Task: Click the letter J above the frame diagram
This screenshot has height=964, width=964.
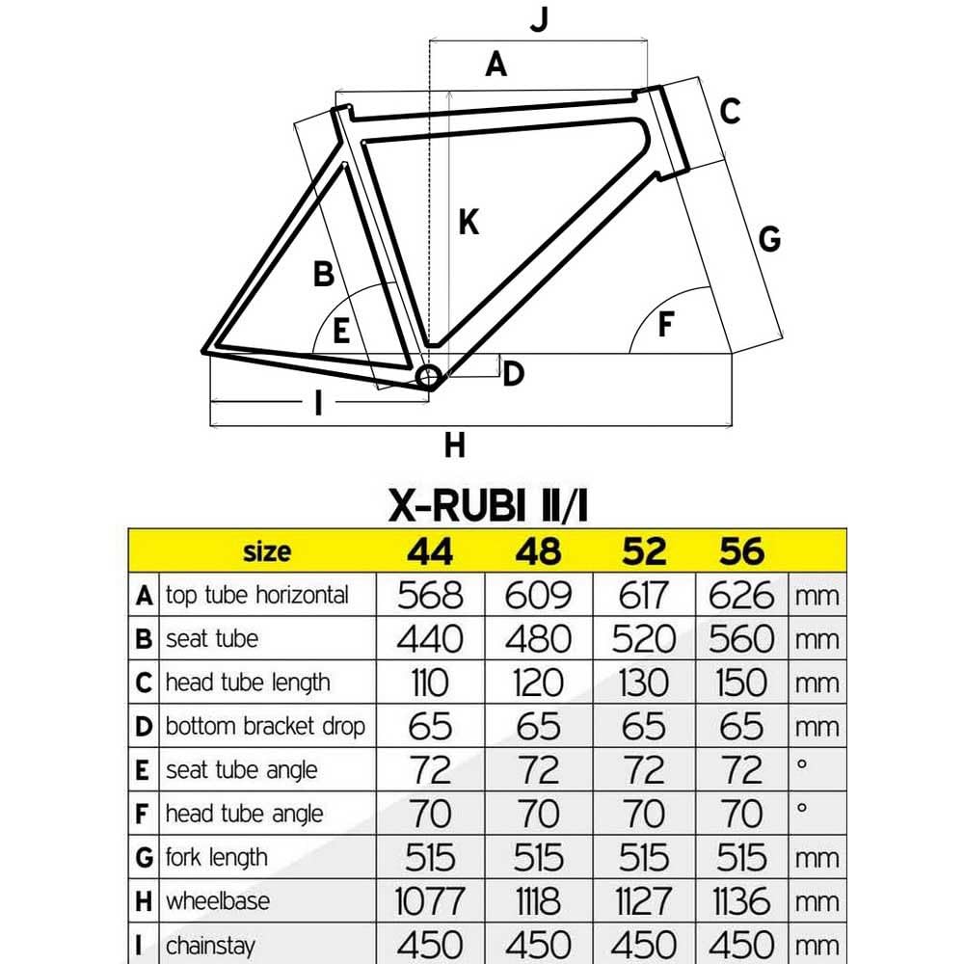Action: pyautogui.click(x=539, y=20)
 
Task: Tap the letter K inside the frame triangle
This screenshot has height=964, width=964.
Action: pyautogui.click(x=469, y=223)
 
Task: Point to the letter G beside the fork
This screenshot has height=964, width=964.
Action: pyautogui.click(x=769, y=238)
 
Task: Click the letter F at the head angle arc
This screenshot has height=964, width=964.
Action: pyautogui.click(x=665, y=326)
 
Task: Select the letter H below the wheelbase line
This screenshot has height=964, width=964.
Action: pyautogui.click(x=455, y=445)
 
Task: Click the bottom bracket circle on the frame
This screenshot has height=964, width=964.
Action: pyautogui.click(x=428, y=375)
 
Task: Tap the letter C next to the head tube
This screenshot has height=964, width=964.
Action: pyautogui.click(x=730, y=111)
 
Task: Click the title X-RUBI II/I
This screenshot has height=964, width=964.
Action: pyautogui.click(x=488, y=504)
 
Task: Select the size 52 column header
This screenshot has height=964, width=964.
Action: pyautogui.click(x=644, y=551)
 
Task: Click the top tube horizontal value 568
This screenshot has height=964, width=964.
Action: pyautogui.click(x=431, y=596)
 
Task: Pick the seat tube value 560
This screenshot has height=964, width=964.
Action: pyautogui.click(x=741, y=639)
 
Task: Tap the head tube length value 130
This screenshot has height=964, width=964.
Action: pyautogui.click(x=644, y=683)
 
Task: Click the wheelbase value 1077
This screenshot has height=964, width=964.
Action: pyautogui.click(x=431, y=902)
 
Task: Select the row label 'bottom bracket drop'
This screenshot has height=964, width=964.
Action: pyautogui.click(x=265, y=726)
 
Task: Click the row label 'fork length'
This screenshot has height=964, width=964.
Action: pyautogui.click(x=217, y=857)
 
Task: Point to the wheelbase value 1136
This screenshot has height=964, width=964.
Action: pyautogui.click(x=741, y=902)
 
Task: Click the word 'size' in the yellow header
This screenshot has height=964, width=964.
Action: pyautogui.click(x=266, y=551)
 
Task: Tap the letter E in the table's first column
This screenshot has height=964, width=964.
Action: pyautogui.click(x=144, y=770)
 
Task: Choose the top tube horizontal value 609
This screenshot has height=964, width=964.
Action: pyautogui.click(x=538, y=596)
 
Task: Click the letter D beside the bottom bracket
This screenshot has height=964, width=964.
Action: pyautogui.click(x=513, y=373)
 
